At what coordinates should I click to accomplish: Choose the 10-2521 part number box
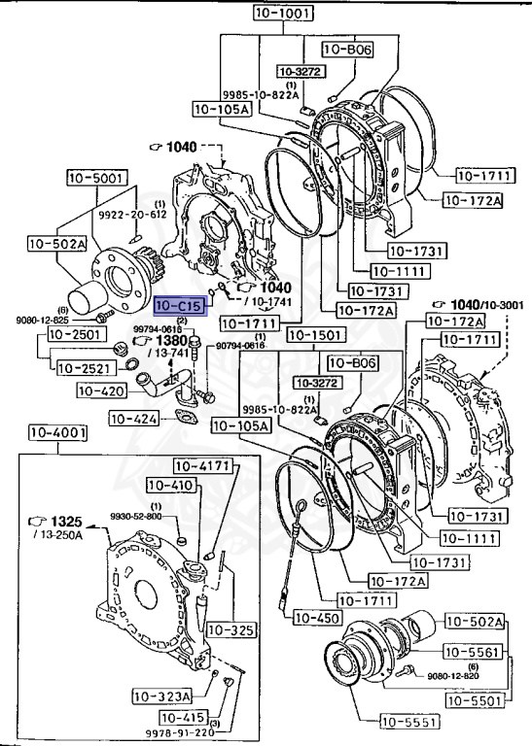(x=83, y=368)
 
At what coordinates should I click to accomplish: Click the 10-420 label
(x=101, y=391)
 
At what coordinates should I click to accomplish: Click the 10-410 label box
(x=171, y=485)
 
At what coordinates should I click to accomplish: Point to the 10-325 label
(x=233, y=630)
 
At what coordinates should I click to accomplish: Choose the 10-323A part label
(x=163, y=695)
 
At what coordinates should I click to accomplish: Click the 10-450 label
(x=316, y=617)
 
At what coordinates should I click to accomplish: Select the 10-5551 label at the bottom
(x=409, y=721)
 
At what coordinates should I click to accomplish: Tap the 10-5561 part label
(x=475, y=651)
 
